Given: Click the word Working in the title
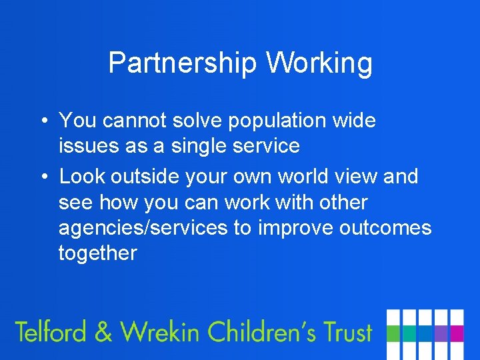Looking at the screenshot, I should click(x=319, y=63).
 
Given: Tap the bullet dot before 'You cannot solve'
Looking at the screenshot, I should click(x=43, y=121).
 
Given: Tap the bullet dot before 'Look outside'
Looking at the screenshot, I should click(x=43, y=177).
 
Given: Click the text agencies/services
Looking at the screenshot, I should click(x=143, y=228).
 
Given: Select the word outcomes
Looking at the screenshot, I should click(x=385, y=228).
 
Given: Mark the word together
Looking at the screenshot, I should click(x=97, y=253).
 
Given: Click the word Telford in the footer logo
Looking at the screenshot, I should click(x=52, y=331).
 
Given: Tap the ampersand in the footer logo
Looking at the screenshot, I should click(x=104, y=332).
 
